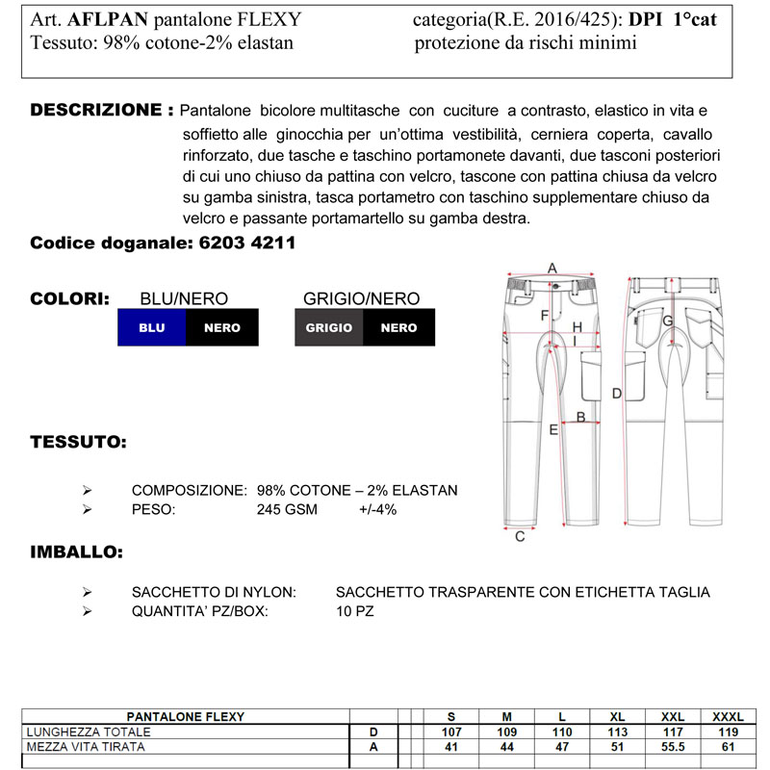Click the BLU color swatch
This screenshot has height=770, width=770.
(x=152, y=327)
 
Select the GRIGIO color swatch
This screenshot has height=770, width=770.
(x=329, y=327)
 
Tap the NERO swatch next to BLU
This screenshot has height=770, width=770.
(x=222, y=327)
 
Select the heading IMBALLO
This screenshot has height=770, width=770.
(x=76, y=553)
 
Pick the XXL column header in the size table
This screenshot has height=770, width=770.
(x=673, y=717)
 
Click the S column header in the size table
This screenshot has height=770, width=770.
(x=451, y=717)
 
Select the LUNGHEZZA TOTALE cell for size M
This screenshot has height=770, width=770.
(x=506, y=731)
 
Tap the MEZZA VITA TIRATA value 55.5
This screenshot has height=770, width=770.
(x=673, y=746)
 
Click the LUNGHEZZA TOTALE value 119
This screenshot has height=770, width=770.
(x=728, y=731)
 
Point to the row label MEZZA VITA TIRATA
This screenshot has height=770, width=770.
(x=86, y=746)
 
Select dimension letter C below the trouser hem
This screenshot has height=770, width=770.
(x=520, y=536)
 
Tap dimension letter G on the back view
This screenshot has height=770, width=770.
(x=667, y=320)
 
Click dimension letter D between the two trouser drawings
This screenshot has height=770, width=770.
(x=617, y=393)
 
